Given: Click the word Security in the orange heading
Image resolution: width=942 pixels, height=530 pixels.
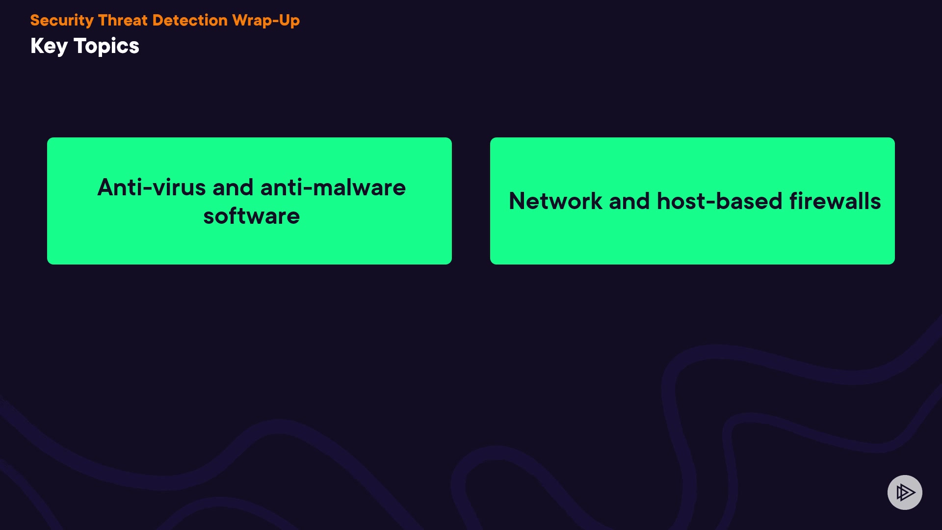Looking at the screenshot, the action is pyautogui.click(x=62, y=21).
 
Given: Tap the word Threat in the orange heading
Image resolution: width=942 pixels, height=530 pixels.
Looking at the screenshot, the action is pyautogui.click(x=123, y=20).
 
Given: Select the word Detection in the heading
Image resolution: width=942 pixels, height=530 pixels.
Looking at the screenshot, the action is pyautogui.click(x=190, y=20).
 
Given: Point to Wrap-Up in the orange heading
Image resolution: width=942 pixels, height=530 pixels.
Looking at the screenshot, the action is pyautogui.click(x=266, y=21).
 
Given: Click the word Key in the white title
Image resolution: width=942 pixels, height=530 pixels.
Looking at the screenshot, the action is pyautogui.click(x=49, y=47).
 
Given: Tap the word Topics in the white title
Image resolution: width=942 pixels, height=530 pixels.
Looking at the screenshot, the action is pyautogui.click(x=106, y=47).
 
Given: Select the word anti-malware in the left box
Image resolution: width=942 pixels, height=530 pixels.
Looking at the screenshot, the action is pyautogui.click(x=333, y=187).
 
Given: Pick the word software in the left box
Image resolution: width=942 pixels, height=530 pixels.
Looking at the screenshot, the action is pyautogui.click(x=252, y=216).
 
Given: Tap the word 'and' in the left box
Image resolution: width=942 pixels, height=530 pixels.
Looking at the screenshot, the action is pyautogui.click(x=233, y=187).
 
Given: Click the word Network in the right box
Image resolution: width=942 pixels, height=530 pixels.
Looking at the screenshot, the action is pyautogui.click(x=555, y=201).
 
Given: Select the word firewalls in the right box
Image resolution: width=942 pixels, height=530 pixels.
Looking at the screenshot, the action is pyautogui.click(x=835, y=201).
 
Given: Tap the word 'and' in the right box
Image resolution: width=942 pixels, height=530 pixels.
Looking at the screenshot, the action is pyautogui.click(x=629, y=201).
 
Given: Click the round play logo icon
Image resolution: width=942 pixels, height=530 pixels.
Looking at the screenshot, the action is pyautogui.click(x=905, y=492).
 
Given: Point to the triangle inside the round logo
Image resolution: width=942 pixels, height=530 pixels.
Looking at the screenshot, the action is pyautogui.click(x=905, y=492).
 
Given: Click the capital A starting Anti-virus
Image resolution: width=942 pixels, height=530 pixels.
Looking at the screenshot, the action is pyautogui.click(x=106, y=187).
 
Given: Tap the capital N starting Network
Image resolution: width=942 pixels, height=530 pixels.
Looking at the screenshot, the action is pyautogui.click(x=517, y=201).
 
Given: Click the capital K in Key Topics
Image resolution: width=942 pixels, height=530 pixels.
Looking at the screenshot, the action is pyautogui.click(x=37, y=46).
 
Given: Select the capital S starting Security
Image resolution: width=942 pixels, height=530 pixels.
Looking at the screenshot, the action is pyautogui.click(x=35, y=20).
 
